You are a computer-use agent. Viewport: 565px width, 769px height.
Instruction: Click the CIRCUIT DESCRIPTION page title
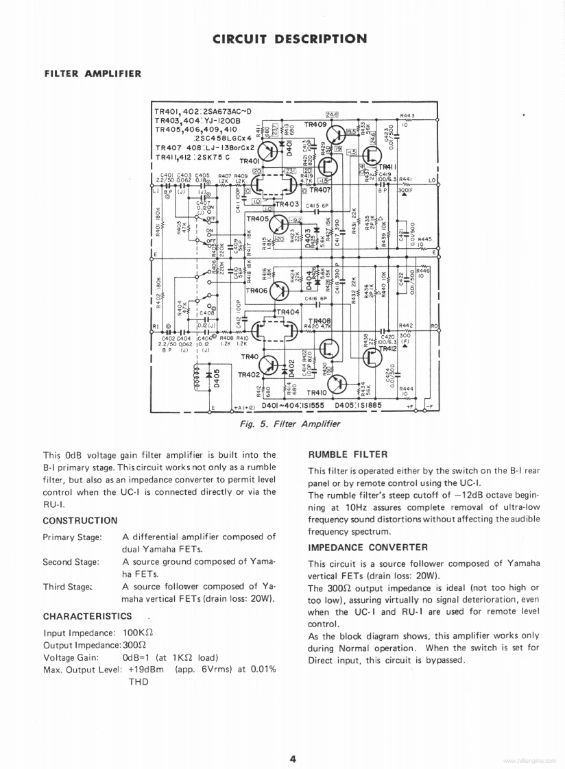click(x=289, y=38)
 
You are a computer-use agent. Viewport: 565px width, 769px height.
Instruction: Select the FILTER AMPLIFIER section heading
click(x=93, y=73)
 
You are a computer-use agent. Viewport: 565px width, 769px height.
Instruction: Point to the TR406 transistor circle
click(x=280, y=291)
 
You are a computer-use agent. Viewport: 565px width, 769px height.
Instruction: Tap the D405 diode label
click(x=217, y=380)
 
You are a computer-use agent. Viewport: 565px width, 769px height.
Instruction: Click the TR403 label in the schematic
click(x=287, y=204)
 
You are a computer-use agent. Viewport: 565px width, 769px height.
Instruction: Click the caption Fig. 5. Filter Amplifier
click(x=289, y=424)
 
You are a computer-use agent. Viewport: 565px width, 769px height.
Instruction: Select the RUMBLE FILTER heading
click(x=348, y=454)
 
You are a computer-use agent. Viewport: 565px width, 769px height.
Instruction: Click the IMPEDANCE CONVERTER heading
click(x=368, y=547)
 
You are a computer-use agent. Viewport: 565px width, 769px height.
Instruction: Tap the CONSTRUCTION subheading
click(x=80, y=521)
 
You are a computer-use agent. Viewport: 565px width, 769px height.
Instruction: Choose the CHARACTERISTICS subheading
click(x=87, y=616)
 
